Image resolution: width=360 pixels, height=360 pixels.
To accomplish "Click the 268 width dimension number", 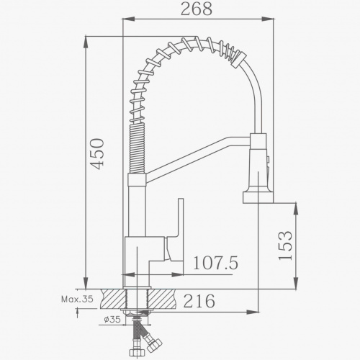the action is [x=197, y=9].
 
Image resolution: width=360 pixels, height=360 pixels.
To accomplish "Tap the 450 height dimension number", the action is [x=97, y=154].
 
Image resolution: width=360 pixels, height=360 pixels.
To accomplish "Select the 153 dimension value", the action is [x=286, y=246].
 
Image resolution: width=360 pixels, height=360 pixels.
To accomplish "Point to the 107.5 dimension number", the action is [x=215, y=263].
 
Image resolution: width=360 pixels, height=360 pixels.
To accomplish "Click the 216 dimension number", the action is [x=199, y=301].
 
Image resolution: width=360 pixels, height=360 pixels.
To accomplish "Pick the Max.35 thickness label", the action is [x=77, y=299].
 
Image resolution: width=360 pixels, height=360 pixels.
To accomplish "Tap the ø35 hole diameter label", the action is [x=112, y=320].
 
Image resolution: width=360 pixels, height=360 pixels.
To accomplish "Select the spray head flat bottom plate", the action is [x=258, y=197].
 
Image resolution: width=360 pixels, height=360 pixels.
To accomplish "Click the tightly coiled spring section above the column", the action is [x=138, y=148].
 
